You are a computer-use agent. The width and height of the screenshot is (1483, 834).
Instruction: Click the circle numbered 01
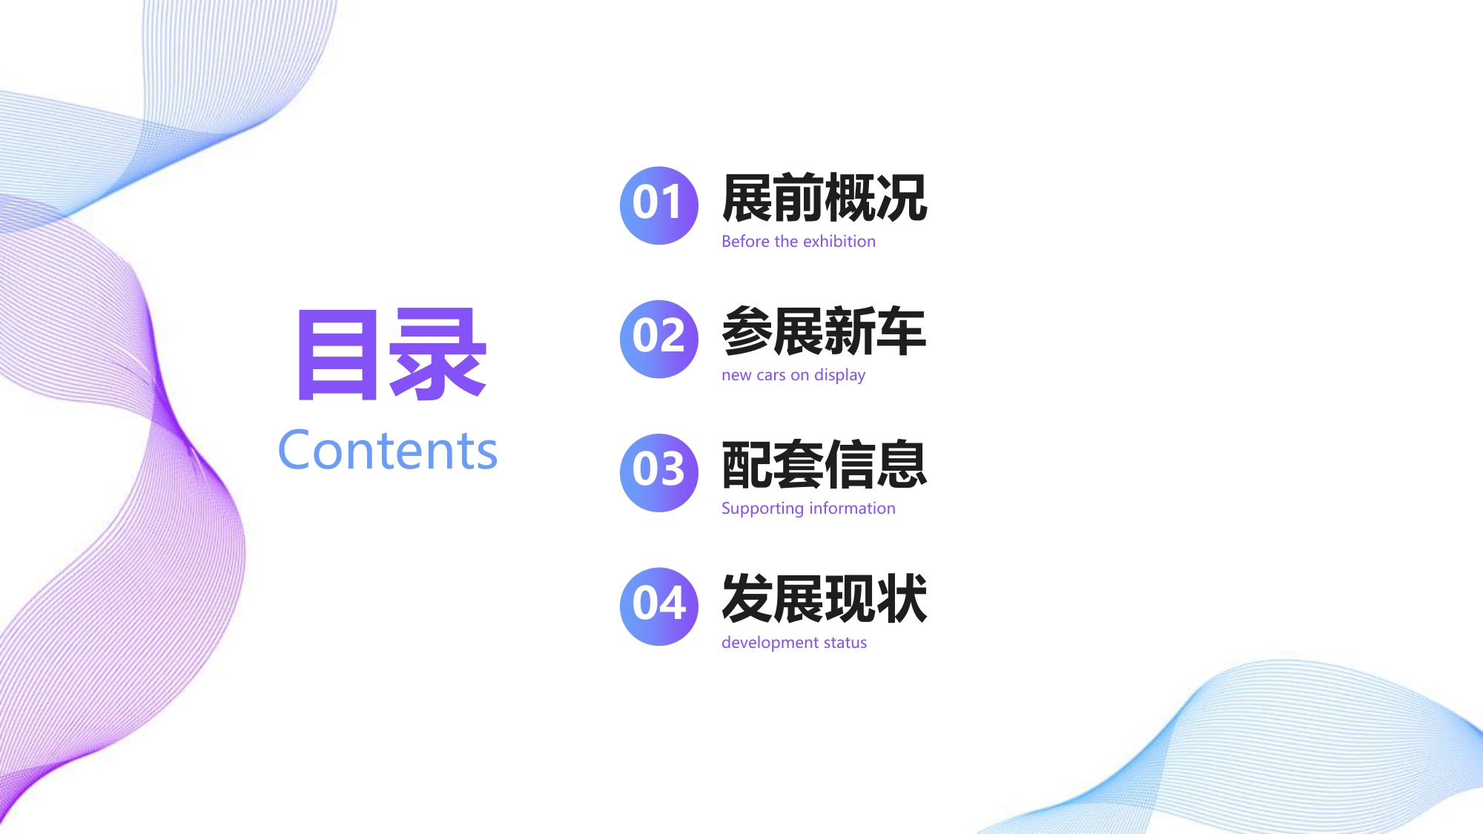[x=658, y=205]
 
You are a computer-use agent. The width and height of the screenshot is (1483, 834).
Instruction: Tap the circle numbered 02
[x=658, y=339]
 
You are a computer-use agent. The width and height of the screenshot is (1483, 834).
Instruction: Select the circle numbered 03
[x=658, y=472]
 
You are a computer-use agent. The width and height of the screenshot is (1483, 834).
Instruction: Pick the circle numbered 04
[x=658, y=606]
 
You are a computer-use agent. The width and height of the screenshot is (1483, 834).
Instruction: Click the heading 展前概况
[x=824, y=199]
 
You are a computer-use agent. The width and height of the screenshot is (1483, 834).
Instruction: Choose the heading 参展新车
[x=824, y=332]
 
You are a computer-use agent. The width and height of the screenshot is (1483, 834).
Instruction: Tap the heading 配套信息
[x=824, y=466]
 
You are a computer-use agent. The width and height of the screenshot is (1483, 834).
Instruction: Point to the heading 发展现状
[x=824, y=599]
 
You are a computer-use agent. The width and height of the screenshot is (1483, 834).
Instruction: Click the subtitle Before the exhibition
[x=798, y=242]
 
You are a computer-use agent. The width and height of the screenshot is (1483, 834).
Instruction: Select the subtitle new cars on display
[x=793, y=375]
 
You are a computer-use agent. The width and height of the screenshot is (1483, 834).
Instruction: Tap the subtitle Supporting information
[x=808, y=509]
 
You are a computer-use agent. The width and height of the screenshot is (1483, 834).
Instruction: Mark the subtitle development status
[x=793, y=642]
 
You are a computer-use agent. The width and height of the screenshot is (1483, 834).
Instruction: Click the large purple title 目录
[x=391, y=355]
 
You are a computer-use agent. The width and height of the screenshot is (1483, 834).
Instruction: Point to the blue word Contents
[x=387, y=450]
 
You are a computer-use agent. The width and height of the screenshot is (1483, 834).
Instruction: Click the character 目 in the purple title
[x=337, y=355]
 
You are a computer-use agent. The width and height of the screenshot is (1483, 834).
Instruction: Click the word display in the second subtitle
[x=839, y=376]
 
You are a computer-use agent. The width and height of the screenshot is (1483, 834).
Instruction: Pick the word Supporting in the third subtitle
[x=762, y=509]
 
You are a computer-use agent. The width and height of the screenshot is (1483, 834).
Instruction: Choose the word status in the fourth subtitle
[x=845, y=642]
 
